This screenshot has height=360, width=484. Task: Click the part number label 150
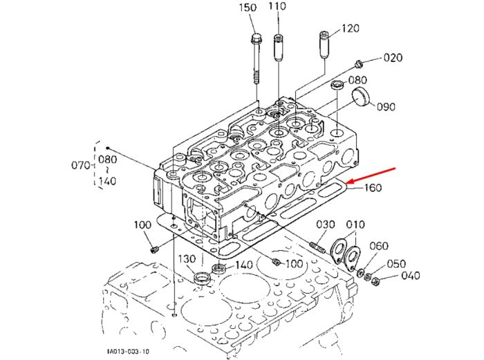tap(248, 8)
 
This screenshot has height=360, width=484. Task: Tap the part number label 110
tap(277, 6)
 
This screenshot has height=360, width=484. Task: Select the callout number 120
tap(351, 28)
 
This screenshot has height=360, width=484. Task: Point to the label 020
tap(393, 57)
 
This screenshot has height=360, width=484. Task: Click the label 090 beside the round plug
tap(386, 106)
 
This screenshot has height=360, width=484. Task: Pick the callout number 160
tap(373, 187)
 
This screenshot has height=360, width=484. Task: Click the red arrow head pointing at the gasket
tap(351, 182)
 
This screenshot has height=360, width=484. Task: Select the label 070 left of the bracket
tap(81, 165)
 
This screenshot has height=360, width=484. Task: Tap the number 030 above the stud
tap(326, 225)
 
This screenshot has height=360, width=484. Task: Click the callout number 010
tap(355, 225)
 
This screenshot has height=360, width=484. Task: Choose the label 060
tap(379, 246)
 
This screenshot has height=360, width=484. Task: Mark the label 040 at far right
tap(411, 276)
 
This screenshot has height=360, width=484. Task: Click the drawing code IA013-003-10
tap(128, 351)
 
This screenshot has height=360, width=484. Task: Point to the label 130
tap(187, 259)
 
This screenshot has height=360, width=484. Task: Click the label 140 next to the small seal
tap(244, 265)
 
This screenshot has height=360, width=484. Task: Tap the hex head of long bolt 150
tap(256, 39)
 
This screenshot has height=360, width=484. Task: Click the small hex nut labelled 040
tap(375, 281)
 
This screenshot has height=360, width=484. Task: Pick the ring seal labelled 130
tap(203, 278)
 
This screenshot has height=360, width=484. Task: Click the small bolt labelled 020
tap(358, 64)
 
